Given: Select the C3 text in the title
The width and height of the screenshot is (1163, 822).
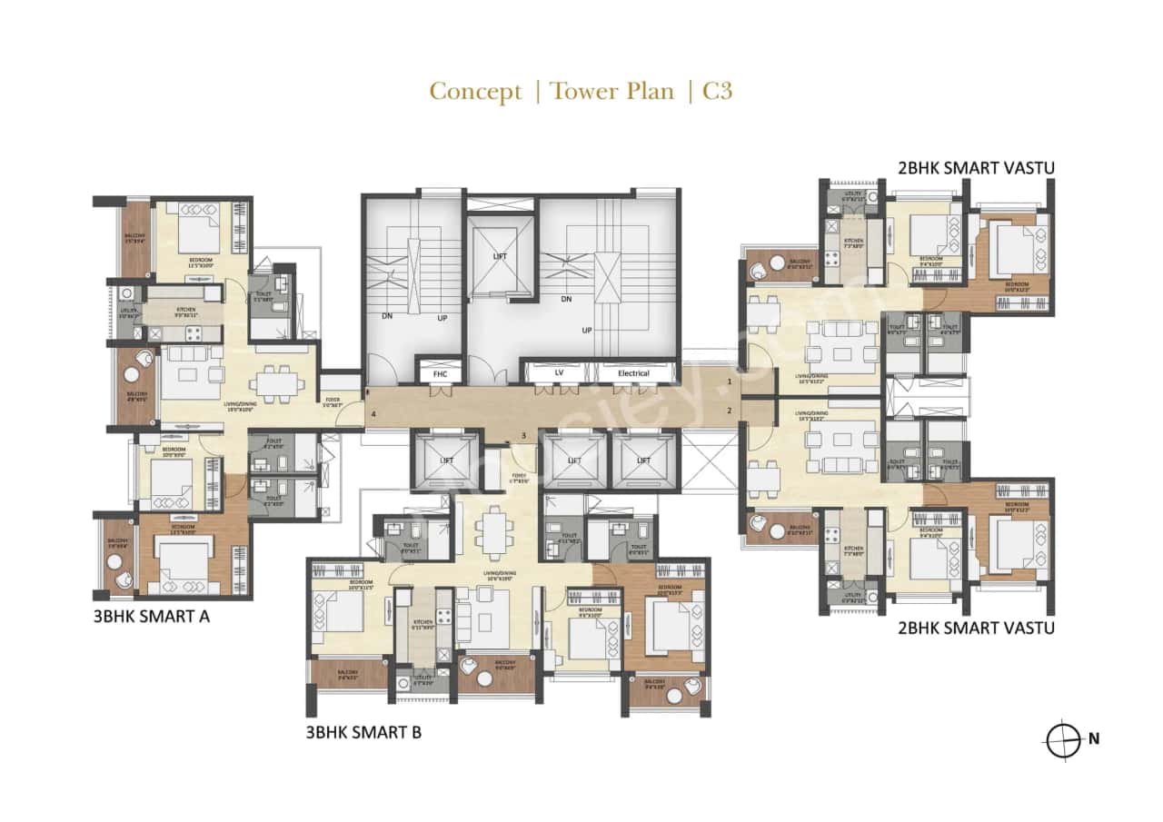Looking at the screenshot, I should [717, 92].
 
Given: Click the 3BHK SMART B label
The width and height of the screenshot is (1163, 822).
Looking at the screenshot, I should [363, 732].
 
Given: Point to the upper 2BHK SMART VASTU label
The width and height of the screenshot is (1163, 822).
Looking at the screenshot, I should [976, 167].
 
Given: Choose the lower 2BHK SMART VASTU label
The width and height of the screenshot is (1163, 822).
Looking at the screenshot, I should [976, 627].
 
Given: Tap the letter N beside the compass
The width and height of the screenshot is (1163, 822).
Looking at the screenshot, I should [1094, 739].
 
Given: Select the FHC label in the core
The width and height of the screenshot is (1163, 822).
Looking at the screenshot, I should [440, 373].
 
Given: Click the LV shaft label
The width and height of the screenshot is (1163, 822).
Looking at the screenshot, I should [558, 373].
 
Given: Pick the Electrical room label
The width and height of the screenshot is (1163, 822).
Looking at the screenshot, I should [632, 373].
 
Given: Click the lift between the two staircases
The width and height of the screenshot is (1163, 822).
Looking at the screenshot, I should [500, 256].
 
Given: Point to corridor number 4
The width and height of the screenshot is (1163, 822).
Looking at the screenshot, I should [373, 417].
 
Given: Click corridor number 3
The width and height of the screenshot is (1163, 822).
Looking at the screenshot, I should [523, 436].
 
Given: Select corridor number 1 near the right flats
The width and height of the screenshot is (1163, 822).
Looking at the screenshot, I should [730, 383].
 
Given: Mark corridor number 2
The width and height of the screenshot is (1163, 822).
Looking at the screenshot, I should [730, 411].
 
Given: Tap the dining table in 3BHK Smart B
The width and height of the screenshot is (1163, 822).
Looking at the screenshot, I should [495, 530].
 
